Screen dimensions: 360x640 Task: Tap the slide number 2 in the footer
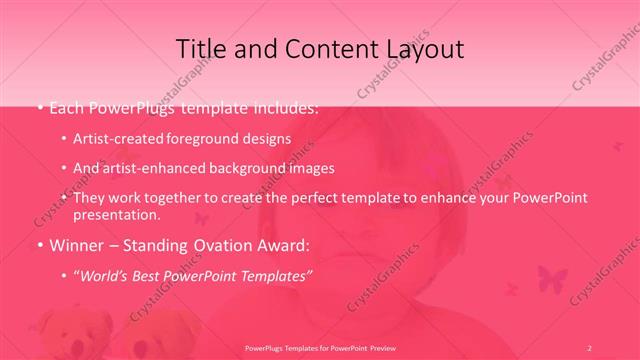coord(590,347)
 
